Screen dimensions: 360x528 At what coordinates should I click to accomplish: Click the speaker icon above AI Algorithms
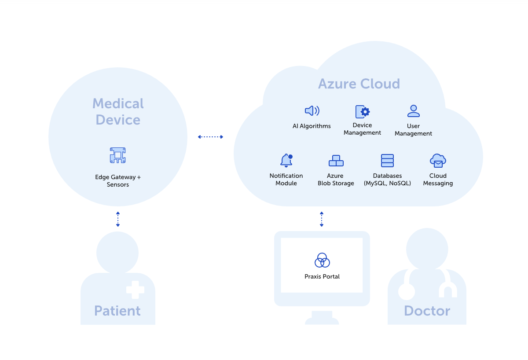pyautogui.click(x=312, y=111)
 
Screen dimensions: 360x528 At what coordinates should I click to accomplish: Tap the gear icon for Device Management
pyautogui.click(x=363, y=112)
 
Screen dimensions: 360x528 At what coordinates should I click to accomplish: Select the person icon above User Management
pyautogui.click(x=413, y=111)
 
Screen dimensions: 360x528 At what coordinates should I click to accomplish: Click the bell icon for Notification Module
pyautogui.click(x=286, y=161)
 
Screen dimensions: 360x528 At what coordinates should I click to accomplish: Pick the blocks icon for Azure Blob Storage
pyautogui.click(x=336, y=161)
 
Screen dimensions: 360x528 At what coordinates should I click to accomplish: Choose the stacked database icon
pyautogui.click(x=387, y=161)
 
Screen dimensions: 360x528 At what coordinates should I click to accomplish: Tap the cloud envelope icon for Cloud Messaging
pyautogui.click(x=438, y=161)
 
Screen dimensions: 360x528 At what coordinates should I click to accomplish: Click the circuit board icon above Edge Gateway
pyautogui.click(x=117, y=155)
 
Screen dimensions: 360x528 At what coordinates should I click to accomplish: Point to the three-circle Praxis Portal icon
pyautogui.click(x=322, y=261)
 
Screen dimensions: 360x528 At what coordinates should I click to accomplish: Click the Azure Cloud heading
pyautogui.click(x=359, y=84)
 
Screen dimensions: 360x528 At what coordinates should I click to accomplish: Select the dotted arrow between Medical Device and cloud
pyautogui.click(x=210, y=137)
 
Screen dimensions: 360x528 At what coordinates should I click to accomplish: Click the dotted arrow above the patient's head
pyautogui.click(x=118, y=219)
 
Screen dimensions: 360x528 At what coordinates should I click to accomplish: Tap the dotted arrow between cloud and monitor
pyautogui.click(x=322, y=219)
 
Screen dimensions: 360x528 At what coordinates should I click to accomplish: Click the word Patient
pyautogui.click(x=117, y=311)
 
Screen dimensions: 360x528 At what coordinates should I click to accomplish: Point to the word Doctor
pyautogui.click(x=427, y=311)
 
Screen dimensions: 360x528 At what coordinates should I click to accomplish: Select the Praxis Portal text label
pyautogui.click(x=322, y=276)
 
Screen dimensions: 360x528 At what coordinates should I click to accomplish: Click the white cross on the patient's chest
pyautogui.click(x=135, y=290)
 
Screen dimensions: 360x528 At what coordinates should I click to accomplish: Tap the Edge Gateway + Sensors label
pyautogui.click(x=118, y=181)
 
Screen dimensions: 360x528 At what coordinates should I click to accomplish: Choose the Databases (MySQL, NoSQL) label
pyautogui.click(x=387, y=180)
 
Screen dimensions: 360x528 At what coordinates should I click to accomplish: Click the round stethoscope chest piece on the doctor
pyautogui.click(x=406, y=291)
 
